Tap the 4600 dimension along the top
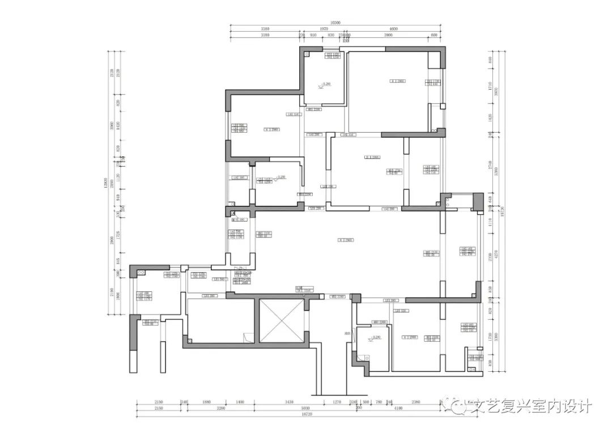[393, 29]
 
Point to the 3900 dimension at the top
[388, 35]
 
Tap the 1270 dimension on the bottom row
[335, 401]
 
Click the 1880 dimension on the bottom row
[207, 401]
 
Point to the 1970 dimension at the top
[324, 29]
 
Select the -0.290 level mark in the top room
[325, 84]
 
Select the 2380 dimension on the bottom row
[416, 401]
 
